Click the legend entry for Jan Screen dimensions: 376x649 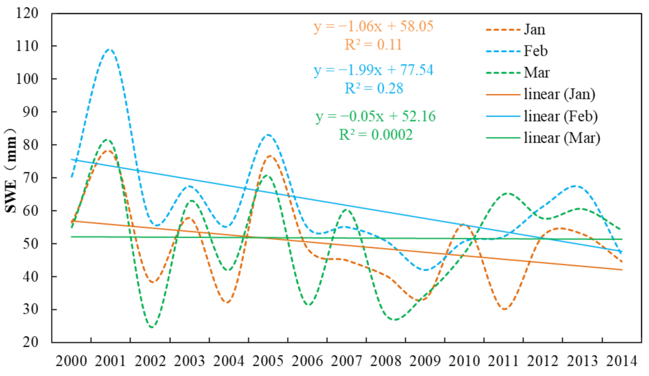click(534, 30)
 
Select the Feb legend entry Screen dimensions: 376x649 click(535, 51)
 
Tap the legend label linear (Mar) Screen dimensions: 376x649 click(561, 138)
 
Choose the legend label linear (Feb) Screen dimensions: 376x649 click(560, 116)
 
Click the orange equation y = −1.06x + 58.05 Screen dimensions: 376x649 click(374, 26)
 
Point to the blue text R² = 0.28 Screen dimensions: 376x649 click(374, 88)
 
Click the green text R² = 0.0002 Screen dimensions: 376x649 click(375, 135)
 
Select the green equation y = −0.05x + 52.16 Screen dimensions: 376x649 click(375, 116)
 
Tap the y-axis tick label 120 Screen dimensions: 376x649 click(27, 13)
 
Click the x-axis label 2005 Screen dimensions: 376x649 click(268, 361)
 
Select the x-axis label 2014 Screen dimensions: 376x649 click(621, 361)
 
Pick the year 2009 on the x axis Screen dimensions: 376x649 click(425, 361)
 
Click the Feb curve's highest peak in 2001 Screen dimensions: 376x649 click(109, 49)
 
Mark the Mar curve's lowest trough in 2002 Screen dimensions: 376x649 click(151, 327)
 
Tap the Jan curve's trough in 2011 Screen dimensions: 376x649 click(505, 309)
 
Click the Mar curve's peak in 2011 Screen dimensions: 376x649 click(507, 193)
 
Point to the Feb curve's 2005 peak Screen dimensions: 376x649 click(268, 135)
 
